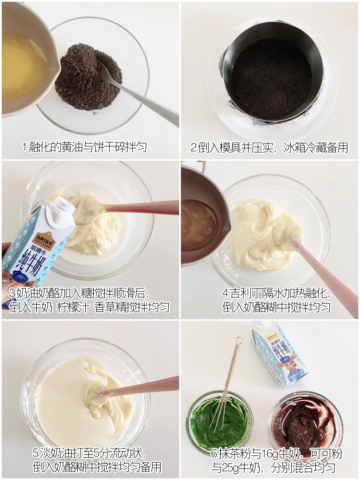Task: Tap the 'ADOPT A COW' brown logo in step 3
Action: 44,241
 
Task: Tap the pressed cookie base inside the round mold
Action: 272,80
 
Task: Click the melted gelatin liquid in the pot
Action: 199,225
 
